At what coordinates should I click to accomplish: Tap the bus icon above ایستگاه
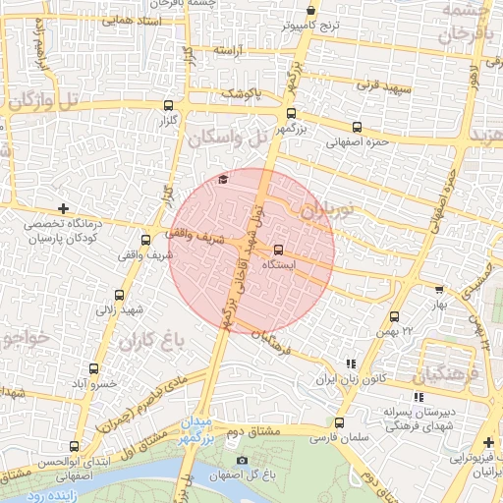(278, 250)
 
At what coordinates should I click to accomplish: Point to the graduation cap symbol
(223, 178)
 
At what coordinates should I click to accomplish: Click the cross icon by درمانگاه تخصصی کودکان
(64, 208)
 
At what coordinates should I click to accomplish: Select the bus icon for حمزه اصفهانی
(356, 126)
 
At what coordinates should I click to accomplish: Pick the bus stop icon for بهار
(438, 290)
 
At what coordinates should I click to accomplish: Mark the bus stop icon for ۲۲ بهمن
(394, 316)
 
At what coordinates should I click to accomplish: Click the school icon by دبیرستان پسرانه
(419, 397)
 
